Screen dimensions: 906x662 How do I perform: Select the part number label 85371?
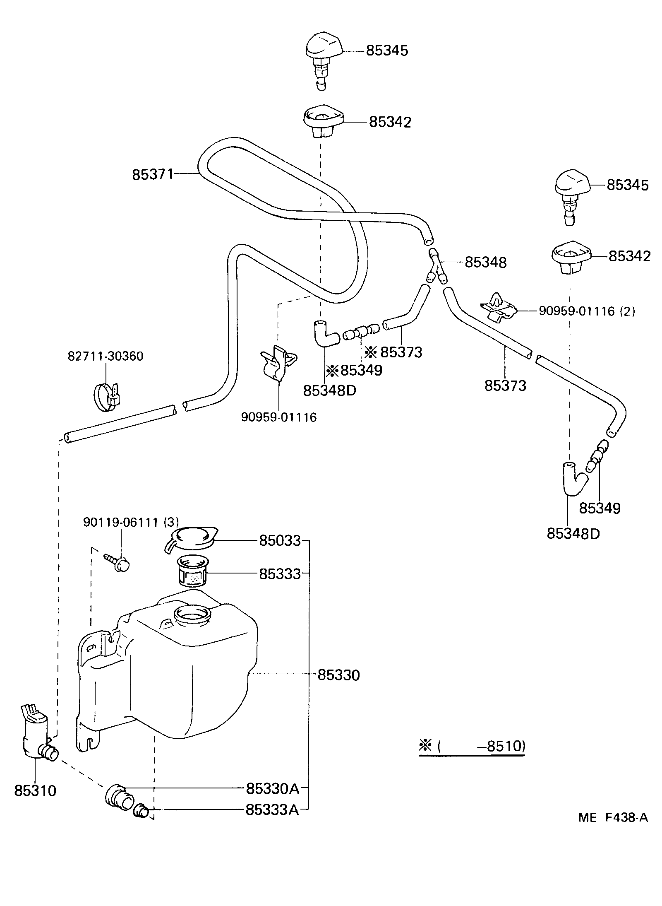[x=152, y=174]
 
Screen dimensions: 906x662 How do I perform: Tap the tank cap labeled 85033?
[x=192, y=539]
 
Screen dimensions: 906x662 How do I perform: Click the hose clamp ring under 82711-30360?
[x=106, y=396]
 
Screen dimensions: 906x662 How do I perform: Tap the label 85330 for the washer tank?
[x=338, y=675]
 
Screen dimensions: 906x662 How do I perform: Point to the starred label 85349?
[x=354, y=370]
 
